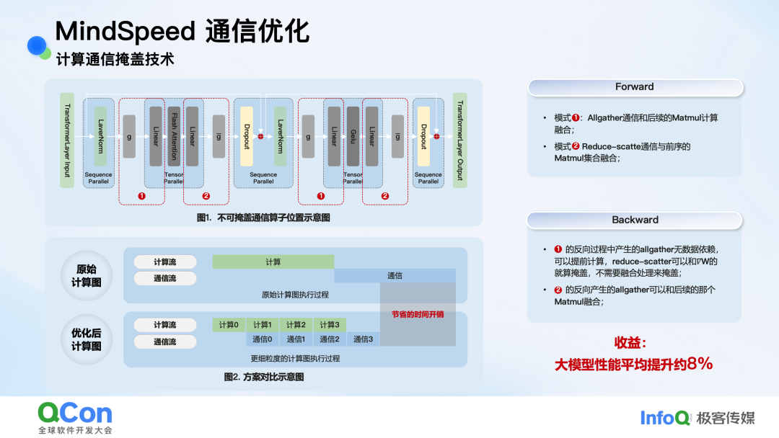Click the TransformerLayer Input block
(x=67, y=140)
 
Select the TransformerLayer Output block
(x=459, y=140)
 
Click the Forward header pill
(x=635, y=87)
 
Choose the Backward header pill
(x=635, y=220)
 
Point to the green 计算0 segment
(x=229, y=325)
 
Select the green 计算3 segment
(x=329, y=325)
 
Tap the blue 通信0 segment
(x=262, y=339)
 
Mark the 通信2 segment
(x=329, y=339)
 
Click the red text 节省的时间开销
(x=418, y=314)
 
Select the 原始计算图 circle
(x=87, y=276)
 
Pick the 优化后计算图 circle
(x=87, y=339)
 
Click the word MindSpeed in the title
(x=125, y=32)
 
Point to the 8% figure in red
(x=700, y=364)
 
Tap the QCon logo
(x=75, y=413)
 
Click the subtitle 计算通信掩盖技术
(x=115, y=60)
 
